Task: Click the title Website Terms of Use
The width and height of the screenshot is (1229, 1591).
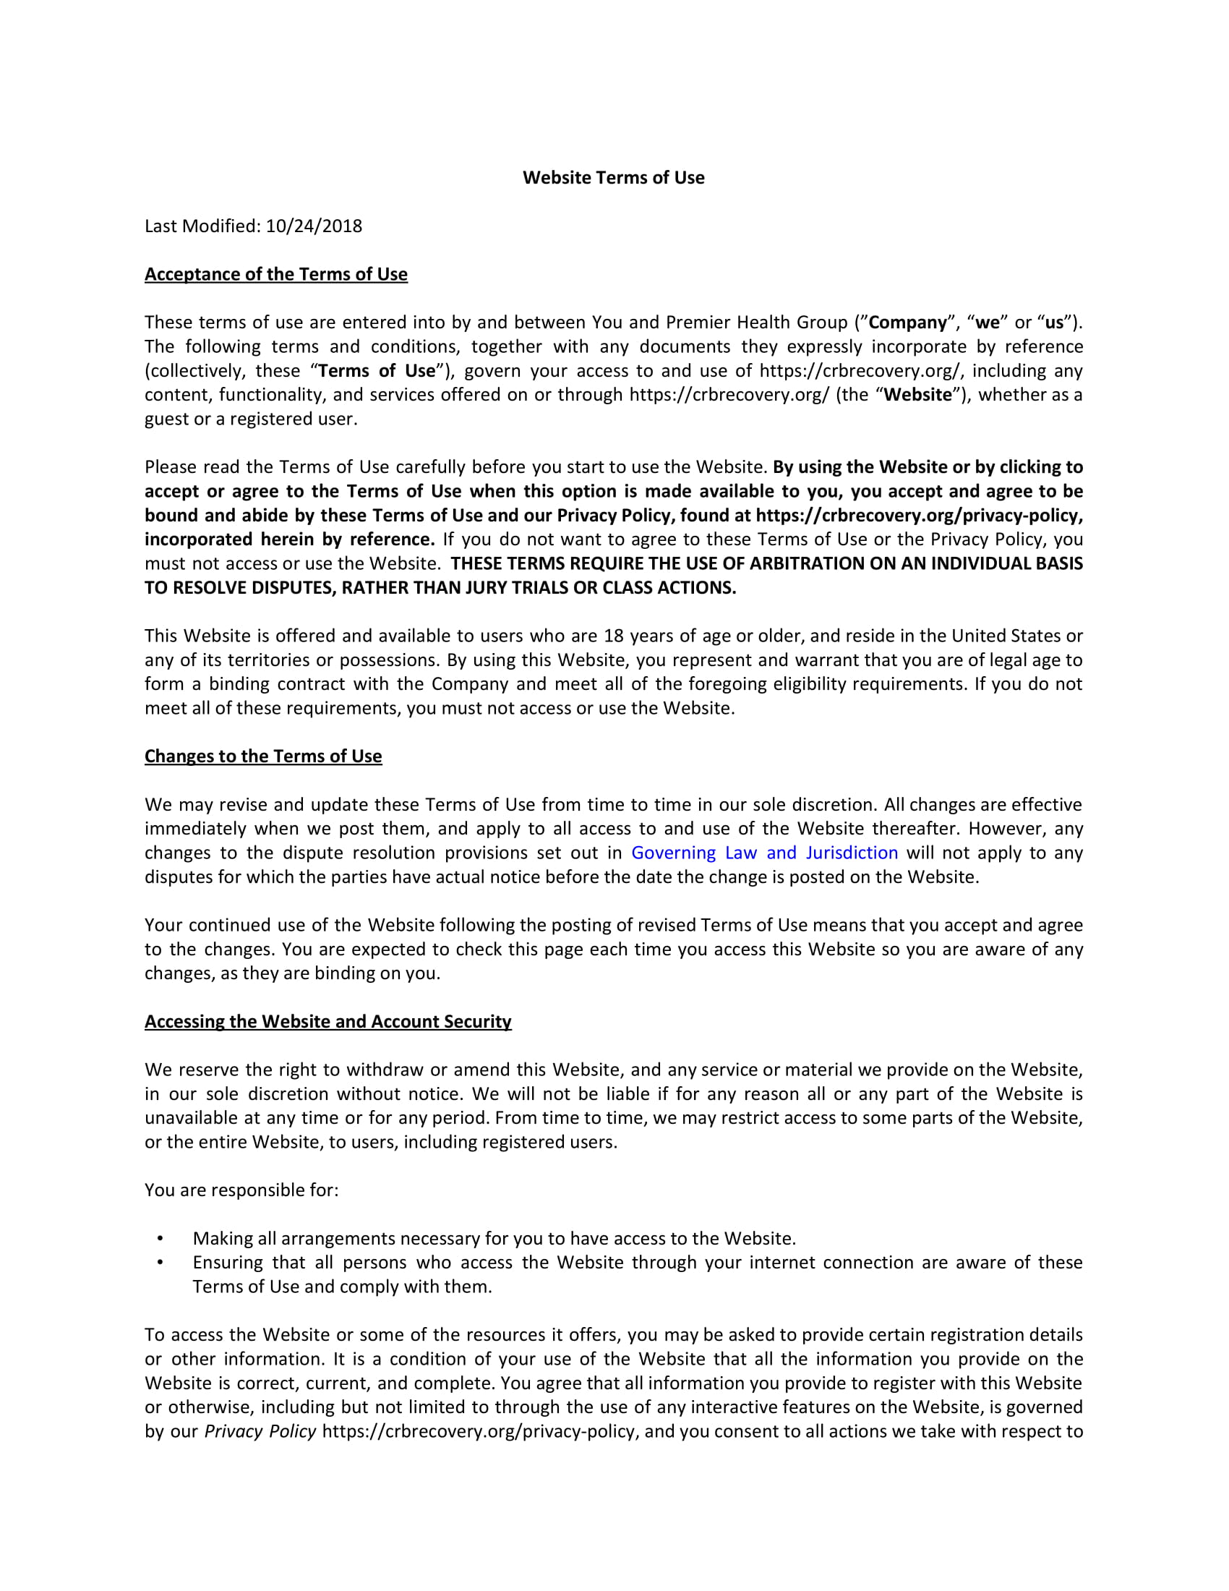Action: coord(613,178)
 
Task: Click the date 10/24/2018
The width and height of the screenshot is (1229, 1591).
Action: coord(314,226)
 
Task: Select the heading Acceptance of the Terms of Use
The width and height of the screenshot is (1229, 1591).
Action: coord(276,274)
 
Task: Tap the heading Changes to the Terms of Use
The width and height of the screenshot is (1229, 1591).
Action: coord(263,756)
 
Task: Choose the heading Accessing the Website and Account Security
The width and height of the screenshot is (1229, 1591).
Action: coord(327,1021)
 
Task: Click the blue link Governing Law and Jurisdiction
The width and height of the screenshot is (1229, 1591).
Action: coord(763,853)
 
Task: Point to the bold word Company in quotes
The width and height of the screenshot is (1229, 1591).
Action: coord(907,322)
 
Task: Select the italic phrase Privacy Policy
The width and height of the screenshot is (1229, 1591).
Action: coord(260,1430)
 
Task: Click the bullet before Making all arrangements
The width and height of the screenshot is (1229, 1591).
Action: coord(160,1238)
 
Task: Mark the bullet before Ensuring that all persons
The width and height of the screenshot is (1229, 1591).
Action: coord(160,1263)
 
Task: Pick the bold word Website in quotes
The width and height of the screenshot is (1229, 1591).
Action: coord(917,394)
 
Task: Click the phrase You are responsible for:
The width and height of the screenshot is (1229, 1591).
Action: coord(241,1190)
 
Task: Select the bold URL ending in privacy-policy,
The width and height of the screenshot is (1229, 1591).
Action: coord(919,515)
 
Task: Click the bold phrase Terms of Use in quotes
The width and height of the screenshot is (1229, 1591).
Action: coord(377,370)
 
